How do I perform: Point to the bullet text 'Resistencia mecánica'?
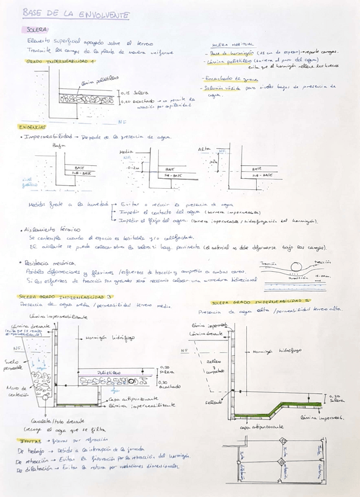49,264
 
